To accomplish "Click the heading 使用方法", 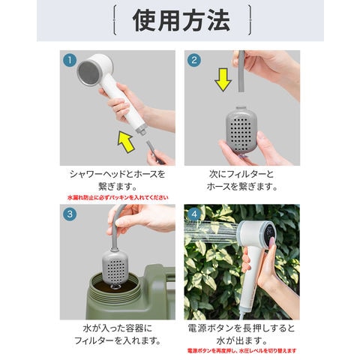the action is [x=181, y=21].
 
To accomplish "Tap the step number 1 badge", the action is [x=70, y=60].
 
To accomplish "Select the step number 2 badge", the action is [x=194, y=60].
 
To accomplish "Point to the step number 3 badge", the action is [x=70, y=214].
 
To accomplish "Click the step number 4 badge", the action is [x=194, y=214].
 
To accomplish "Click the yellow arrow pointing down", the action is [x=223, y=79].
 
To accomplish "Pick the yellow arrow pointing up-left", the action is [x=127, y=142].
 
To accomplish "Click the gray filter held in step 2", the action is [x=241, y=129].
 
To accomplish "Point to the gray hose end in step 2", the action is [x=241, y=71].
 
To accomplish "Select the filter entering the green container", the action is [x=115, y=267].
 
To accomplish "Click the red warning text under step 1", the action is [x=118, y=197].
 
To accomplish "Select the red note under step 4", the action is [x=241, y=351].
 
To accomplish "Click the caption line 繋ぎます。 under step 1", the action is [x=118, y=187].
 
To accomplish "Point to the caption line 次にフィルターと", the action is [x=241, y=174].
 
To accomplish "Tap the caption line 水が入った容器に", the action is [x=118, y=328].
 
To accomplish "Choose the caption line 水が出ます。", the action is [x=241, y=340].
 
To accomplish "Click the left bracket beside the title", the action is [x=114, y=20].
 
